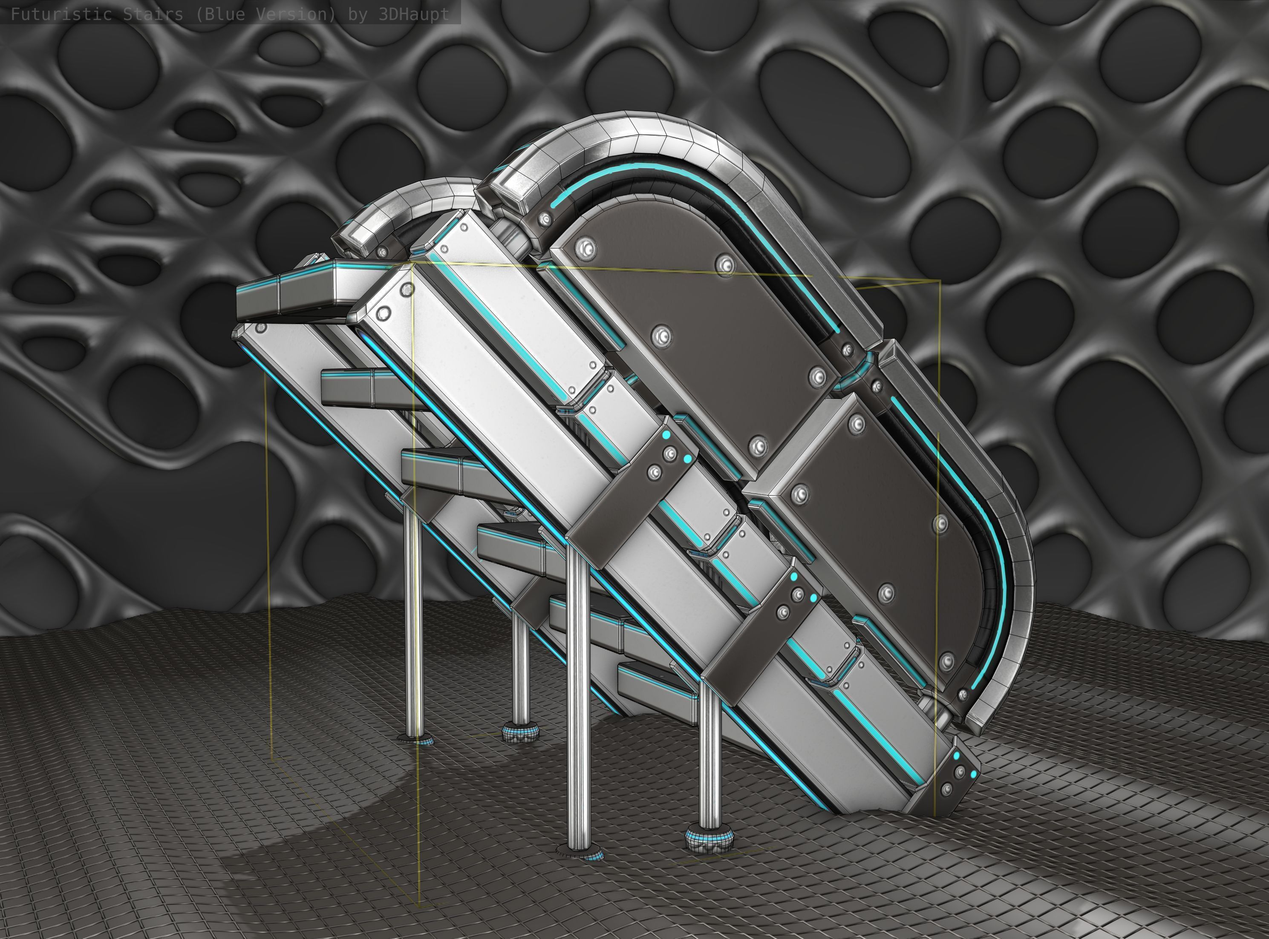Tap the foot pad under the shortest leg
point(520,733)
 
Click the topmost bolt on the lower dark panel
point(856,423)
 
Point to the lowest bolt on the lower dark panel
point(946,661)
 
